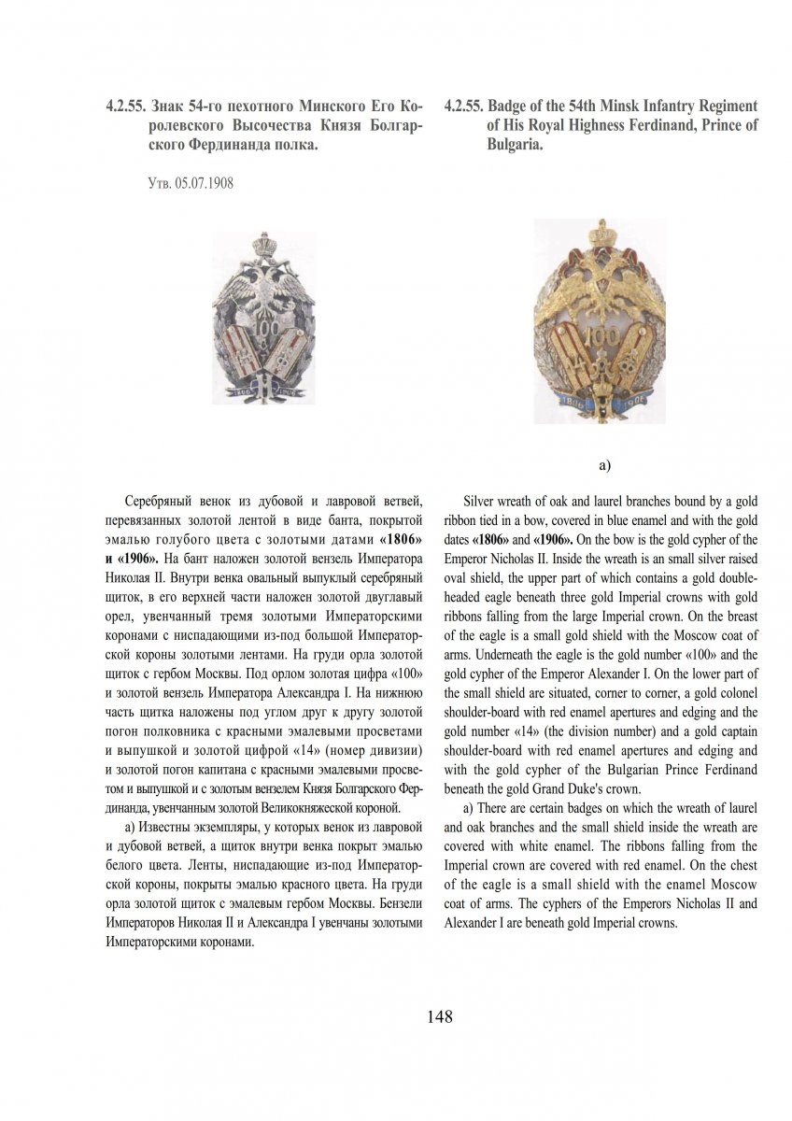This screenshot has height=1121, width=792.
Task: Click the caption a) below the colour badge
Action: (x=603, y=463)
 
